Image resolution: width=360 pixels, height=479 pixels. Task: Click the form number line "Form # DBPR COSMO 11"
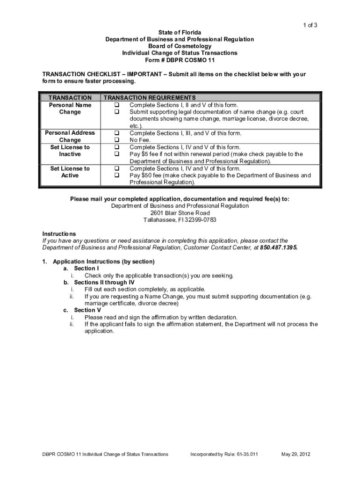pyautogui.click(x=180, y=60)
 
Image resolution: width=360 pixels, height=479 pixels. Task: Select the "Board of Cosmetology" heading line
pyautogui.click(x=180, y=46)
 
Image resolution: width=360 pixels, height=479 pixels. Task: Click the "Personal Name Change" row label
pyautogui.click(x=70, y=109)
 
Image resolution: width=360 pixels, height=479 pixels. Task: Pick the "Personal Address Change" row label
pyautogui.click(x=70, y=137)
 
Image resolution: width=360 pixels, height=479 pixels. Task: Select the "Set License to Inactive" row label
pyautogui.click(x=70, y=151)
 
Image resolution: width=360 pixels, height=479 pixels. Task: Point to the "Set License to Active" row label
pyautogui.click(x=70, y=172)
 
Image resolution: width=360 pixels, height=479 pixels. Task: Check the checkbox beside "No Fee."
pyautogui.click(x=117, y=140)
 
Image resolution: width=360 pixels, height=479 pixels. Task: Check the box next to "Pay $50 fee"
pyautogui.click(x=117, y=175)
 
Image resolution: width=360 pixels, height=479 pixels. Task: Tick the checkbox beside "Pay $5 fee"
pyautogui.click(x=117, y=154)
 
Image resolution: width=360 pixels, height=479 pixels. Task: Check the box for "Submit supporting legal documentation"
pyautogui.click(x=117, y=112)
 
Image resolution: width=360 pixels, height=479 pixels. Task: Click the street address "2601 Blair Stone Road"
pyautogui.click(x=180, y=213)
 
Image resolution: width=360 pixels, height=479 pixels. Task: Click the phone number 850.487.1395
pyautogui.click(x=279, y=248)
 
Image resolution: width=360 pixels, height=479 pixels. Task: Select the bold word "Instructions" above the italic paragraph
pyautogui.click(x=59, y=234)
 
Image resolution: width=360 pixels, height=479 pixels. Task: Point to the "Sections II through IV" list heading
pyautogui.click(x=104, y=283)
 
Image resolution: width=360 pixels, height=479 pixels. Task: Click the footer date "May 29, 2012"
pyautogui.click(x=296, y=454)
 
